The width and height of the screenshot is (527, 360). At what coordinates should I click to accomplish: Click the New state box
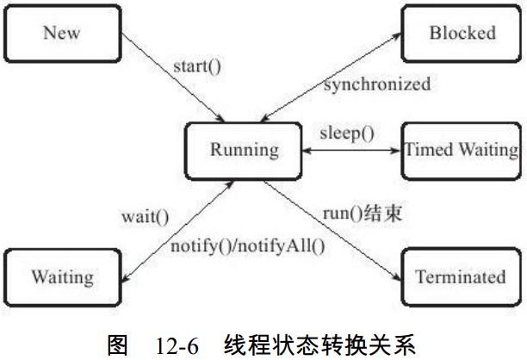[63, 34]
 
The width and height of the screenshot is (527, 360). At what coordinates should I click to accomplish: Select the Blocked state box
[462, 34]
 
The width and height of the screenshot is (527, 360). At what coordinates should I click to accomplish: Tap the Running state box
[244, 151]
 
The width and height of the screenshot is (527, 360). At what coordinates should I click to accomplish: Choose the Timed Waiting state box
[462, 151]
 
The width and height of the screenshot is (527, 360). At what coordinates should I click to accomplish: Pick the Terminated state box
[462, 277]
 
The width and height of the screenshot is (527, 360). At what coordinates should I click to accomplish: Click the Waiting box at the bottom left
[63, 277]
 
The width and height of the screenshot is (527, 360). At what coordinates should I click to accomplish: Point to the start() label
[197, 66]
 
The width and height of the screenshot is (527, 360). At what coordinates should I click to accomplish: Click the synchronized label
[377, 84]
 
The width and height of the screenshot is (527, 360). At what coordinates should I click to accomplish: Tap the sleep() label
[347, 133]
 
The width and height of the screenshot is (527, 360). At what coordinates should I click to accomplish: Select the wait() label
[146, 217]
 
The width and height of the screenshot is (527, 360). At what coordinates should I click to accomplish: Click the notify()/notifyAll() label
[248, 246]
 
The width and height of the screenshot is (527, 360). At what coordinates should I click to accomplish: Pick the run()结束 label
[363, 213]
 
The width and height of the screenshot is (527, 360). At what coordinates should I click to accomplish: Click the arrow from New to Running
[173, 77]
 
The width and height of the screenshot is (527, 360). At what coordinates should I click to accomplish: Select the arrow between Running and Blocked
[331, 78]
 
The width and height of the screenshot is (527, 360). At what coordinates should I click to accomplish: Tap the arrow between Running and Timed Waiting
[351, 151]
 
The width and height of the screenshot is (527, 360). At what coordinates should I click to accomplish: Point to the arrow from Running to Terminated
[332, 231]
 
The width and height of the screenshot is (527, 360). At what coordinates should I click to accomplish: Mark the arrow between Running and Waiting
[177, 232]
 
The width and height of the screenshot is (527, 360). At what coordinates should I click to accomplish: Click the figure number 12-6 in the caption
[177, 346]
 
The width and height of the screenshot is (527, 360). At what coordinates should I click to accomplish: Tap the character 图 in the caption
[118, 345]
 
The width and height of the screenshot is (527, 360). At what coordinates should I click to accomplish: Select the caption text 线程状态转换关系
[319, 345]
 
